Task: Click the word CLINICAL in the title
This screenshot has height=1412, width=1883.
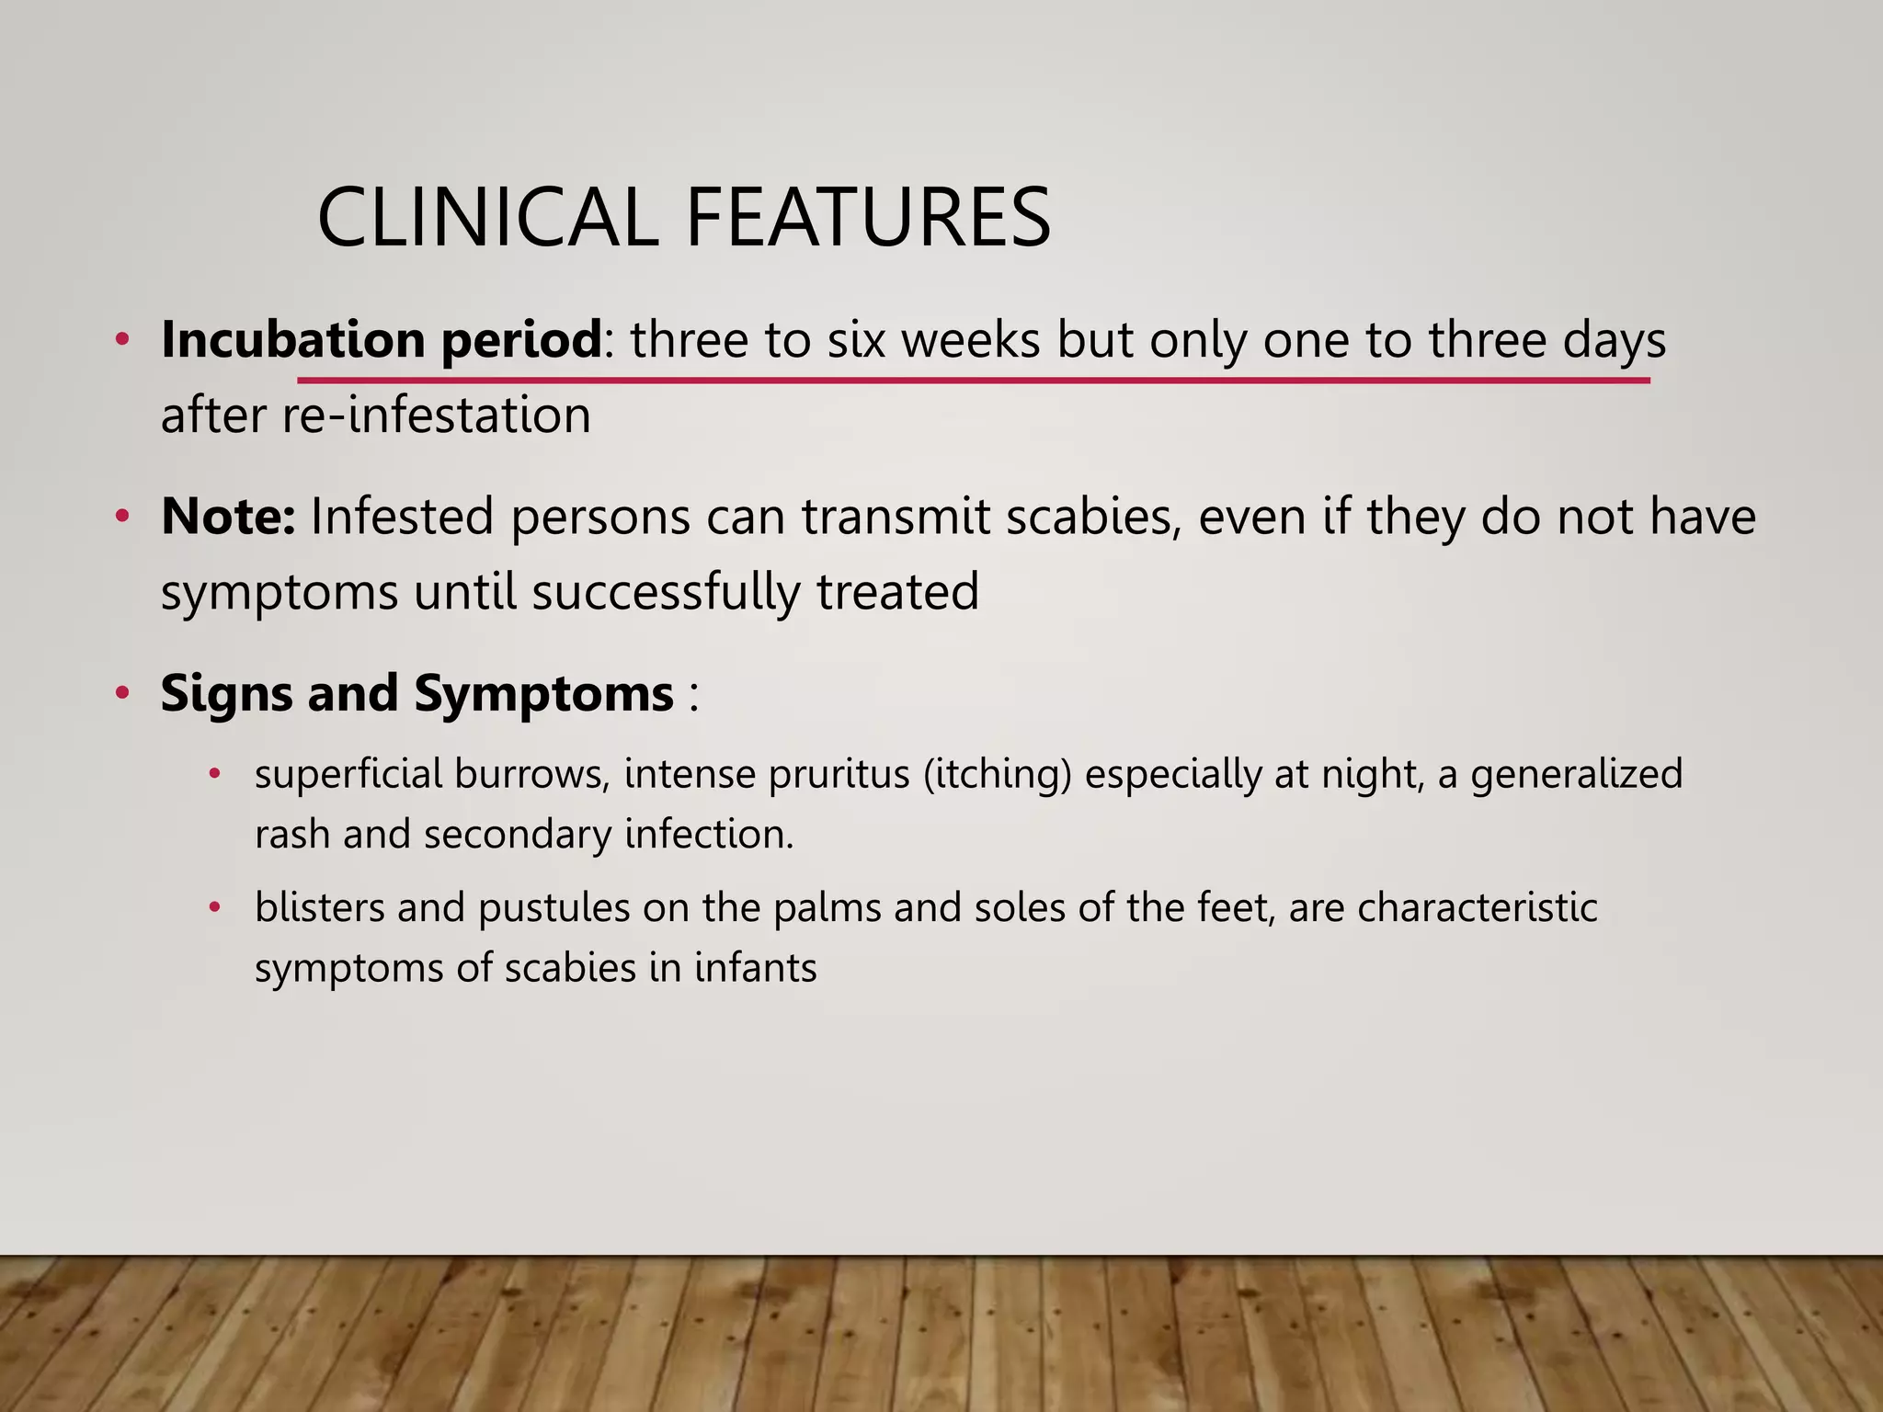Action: point(487,218)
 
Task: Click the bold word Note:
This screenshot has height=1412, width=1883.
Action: point(228,517)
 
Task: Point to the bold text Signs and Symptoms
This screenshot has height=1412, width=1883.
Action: point(417,693)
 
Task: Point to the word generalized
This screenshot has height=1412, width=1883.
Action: point(1576,775)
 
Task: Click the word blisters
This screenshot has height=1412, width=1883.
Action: point(318,908)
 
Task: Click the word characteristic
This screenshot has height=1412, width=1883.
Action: point(1477,908)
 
